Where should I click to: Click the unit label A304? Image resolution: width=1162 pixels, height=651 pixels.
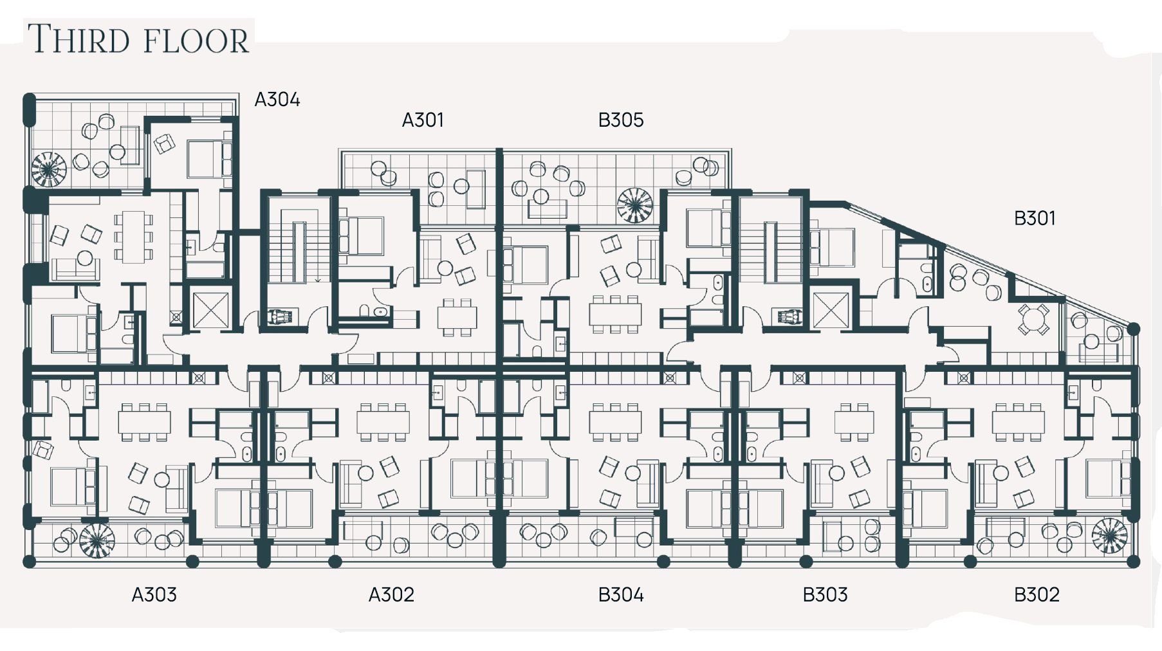point(277,100)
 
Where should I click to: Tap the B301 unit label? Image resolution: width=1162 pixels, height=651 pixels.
point(1035,219)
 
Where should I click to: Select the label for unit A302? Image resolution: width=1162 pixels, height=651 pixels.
point(391,594)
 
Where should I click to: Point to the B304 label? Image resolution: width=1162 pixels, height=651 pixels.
point(621,594)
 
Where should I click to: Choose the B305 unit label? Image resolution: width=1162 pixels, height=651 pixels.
point(621,120)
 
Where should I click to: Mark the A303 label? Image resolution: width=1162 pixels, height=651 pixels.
point(154,594)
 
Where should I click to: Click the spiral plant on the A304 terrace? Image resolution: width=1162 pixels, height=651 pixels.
point(49,169)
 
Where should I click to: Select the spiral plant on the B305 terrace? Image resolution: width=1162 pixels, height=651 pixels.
point(635,205)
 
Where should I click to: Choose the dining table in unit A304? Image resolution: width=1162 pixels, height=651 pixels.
point(134,237)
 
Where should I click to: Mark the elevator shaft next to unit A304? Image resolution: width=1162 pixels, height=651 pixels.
point(211,311)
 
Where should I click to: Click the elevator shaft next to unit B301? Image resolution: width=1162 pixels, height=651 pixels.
point(831,311)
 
